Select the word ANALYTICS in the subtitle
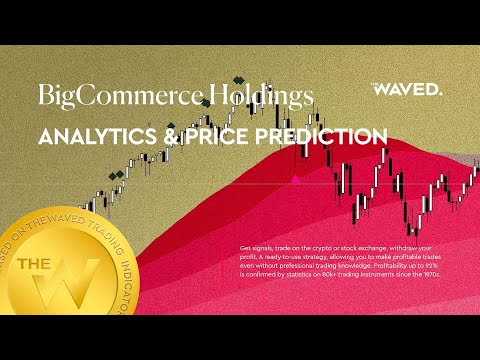click(x=95, y=136)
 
